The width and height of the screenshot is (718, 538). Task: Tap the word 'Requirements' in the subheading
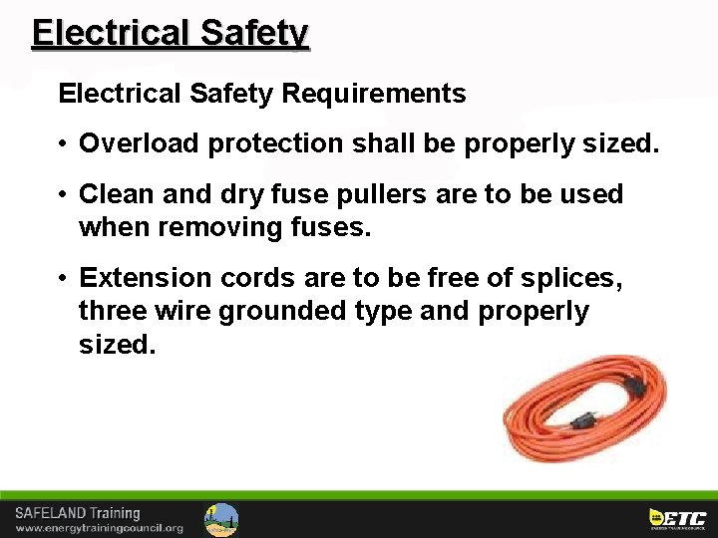coord(374,94)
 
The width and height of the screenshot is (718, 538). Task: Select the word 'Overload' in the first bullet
coord(139,143)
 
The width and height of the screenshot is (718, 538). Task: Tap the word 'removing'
coord(213,227)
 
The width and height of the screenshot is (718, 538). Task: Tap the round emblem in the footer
coord(220,519)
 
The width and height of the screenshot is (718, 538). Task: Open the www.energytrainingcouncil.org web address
coord(99,528)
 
